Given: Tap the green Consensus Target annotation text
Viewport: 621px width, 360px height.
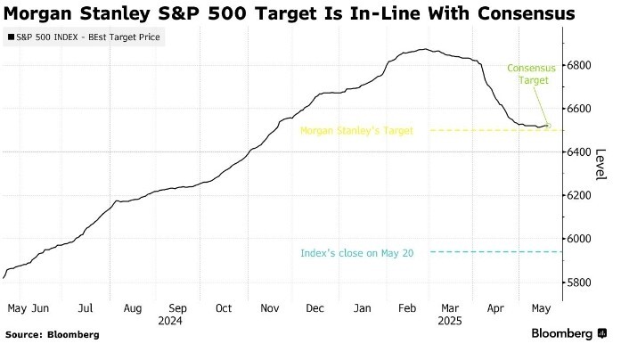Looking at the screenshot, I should (530, 74).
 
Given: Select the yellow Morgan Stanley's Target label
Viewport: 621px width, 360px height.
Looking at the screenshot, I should (356, 130).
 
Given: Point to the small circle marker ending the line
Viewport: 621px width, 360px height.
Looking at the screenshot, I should (549, 126).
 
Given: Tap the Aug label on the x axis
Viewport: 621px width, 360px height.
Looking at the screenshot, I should (132, 308).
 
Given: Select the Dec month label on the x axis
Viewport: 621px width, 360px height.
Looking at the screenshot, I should (315, 308).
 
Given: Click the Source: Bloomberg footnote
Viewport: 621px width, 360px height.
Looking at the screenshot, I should (53, 335).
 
